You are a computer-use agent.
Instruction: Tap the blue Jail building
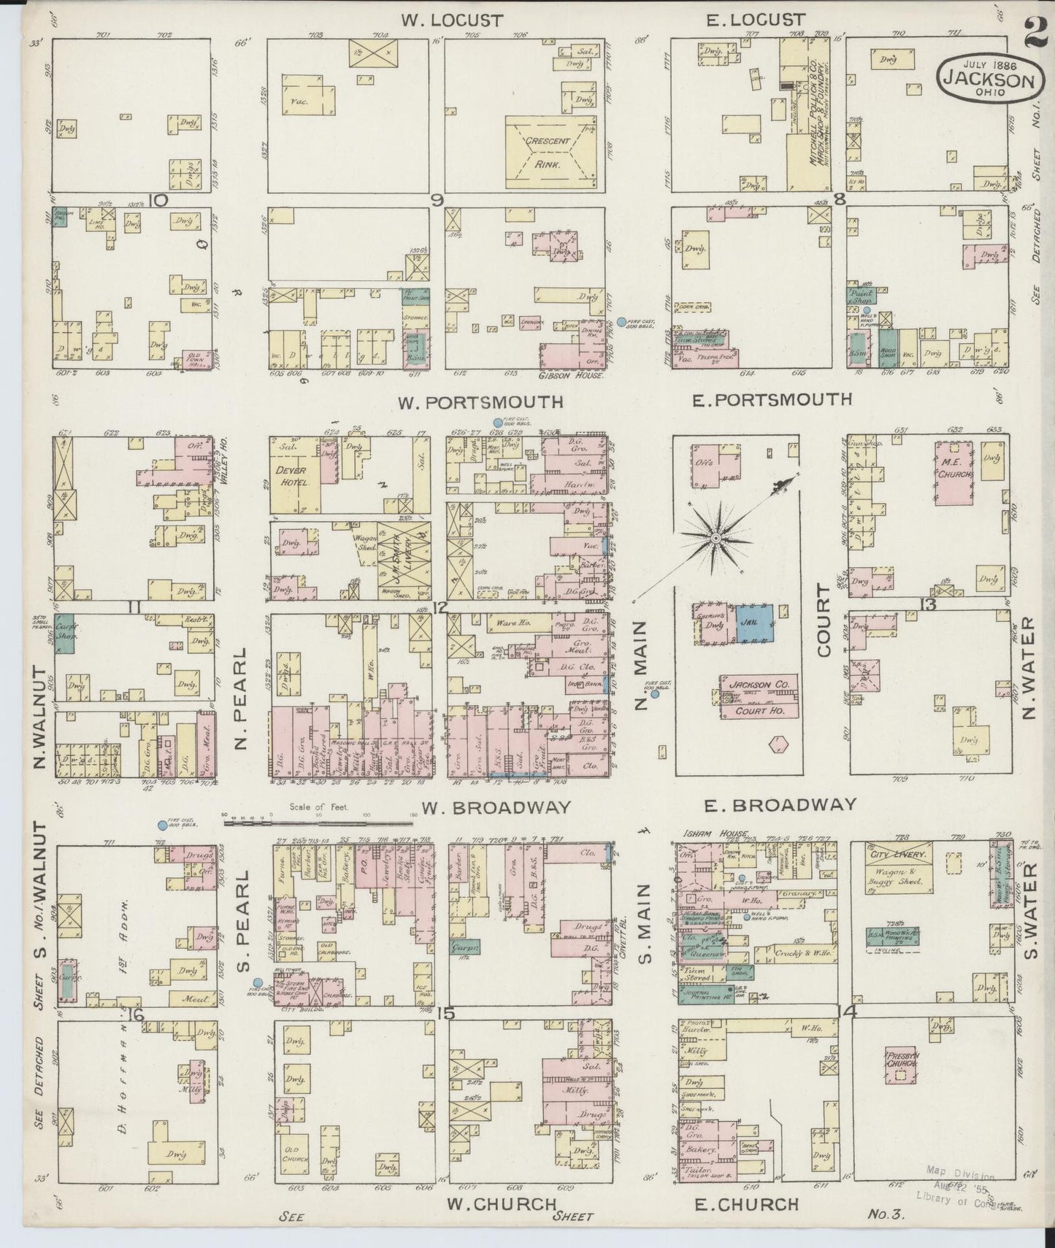759,623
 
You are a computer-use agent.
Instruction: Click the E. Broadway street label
779,805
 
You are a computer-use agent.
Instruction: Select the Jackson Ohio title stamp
987,77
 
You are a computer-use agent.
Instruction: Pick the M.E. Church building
954,471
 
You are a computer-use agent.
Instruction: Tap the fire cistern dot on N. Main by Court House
655,694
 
